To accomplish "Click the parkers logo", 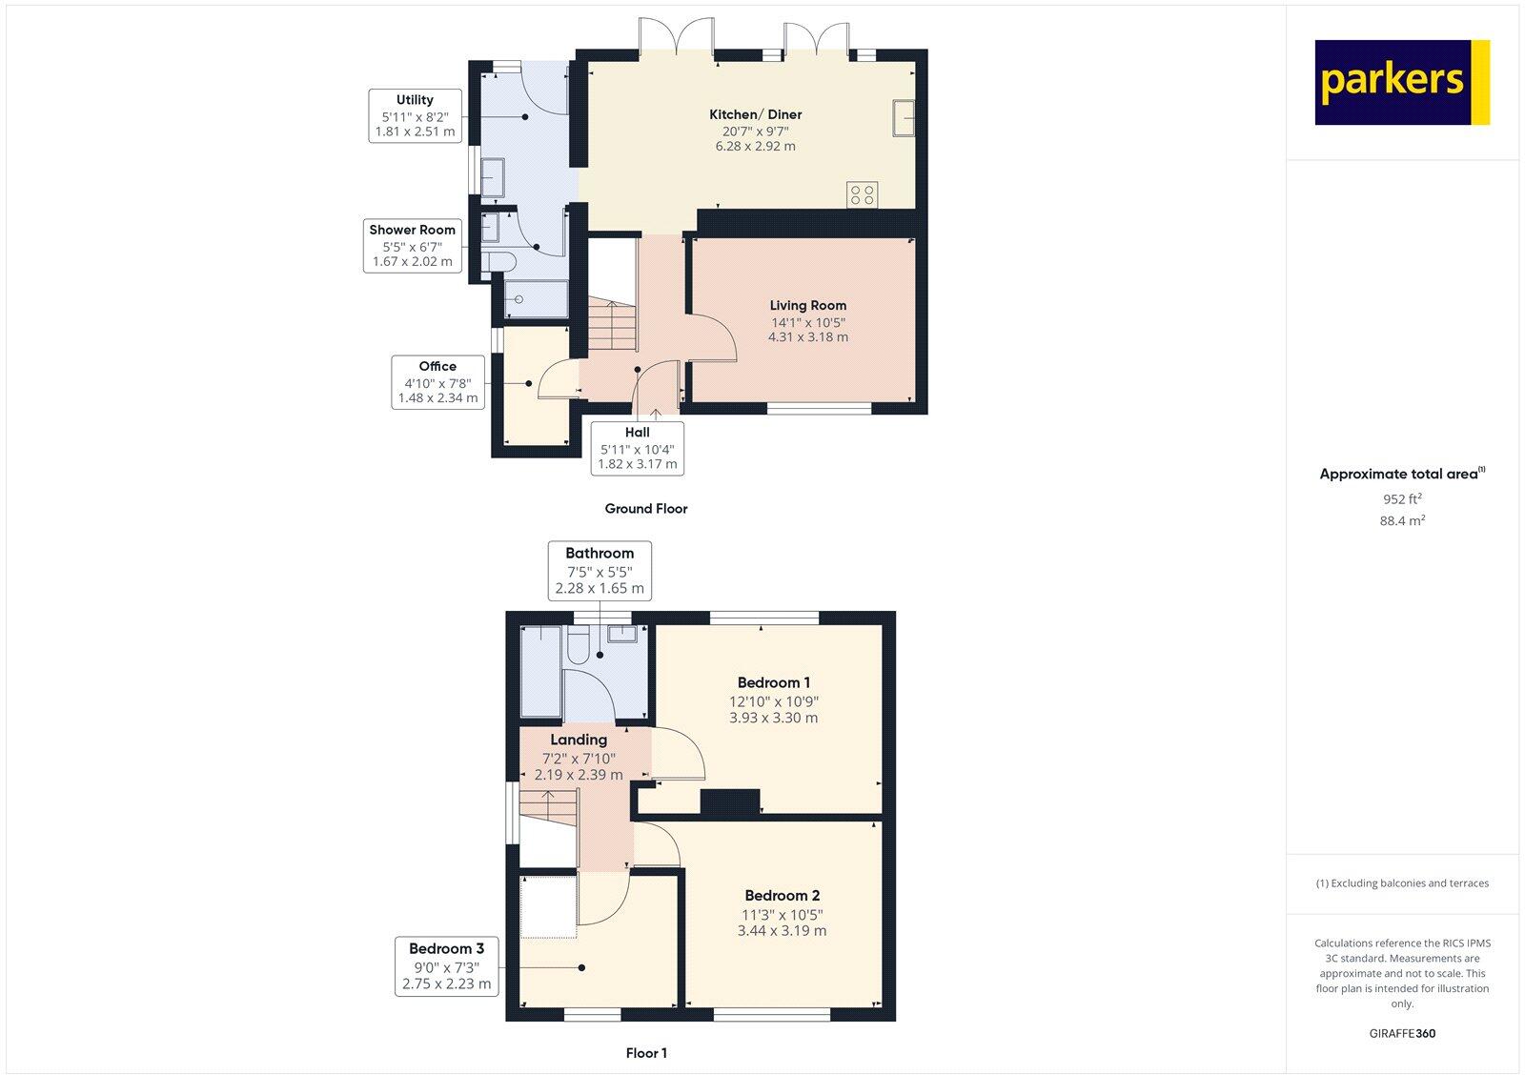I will (x=1401, y=82).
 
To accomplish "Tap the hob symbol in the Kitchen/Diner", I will (x=862, y=195).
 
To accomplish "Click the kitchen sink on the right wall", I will (x=903, y=118).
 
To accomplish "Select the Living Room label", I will (x=808, y=305).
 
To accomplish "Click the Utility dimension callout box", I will (x=415, y=115).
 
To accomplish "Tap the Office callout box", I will (x=437, y=382).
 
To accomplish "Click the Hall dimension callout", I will (x=637, y=448).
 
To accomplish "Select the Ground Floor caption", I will (x=645, y=509).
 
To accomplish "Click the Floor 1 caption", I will (x=645, y=1053).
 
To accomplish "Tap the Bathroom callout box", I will (x=600, y=571).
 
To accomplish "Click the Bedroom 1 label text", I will (x=773, y=682).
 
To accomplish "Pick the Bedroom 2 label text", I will (x=782, y=895).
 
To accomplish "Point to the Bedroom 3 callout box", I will (x=447, y=966).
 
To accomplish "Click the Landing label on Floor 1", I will (x=579, y=740).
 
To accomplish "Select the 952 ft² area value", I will (x=1402, y=498).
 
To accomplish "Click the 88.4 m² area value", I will (x=1402, y=521).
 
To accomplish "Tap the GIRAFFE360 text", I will (x=1402, y=1033).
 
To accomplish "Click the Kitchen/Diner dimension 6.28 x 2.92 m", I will (x=755, y=147).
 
